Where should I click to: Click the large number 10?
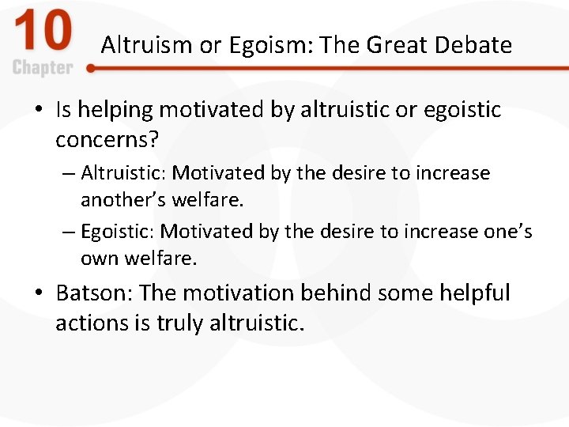43,34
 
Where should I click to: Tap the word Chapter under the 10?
43,68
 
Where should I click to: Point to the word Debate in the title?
477,45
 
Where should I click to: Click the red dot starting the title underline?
91,69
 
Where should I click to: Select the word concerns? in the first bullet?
107,140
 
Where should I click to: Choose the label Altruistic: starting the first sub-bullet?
123,172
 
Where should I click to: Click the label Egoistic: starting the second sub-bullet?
118,231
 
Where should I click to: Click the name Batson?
94,293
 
